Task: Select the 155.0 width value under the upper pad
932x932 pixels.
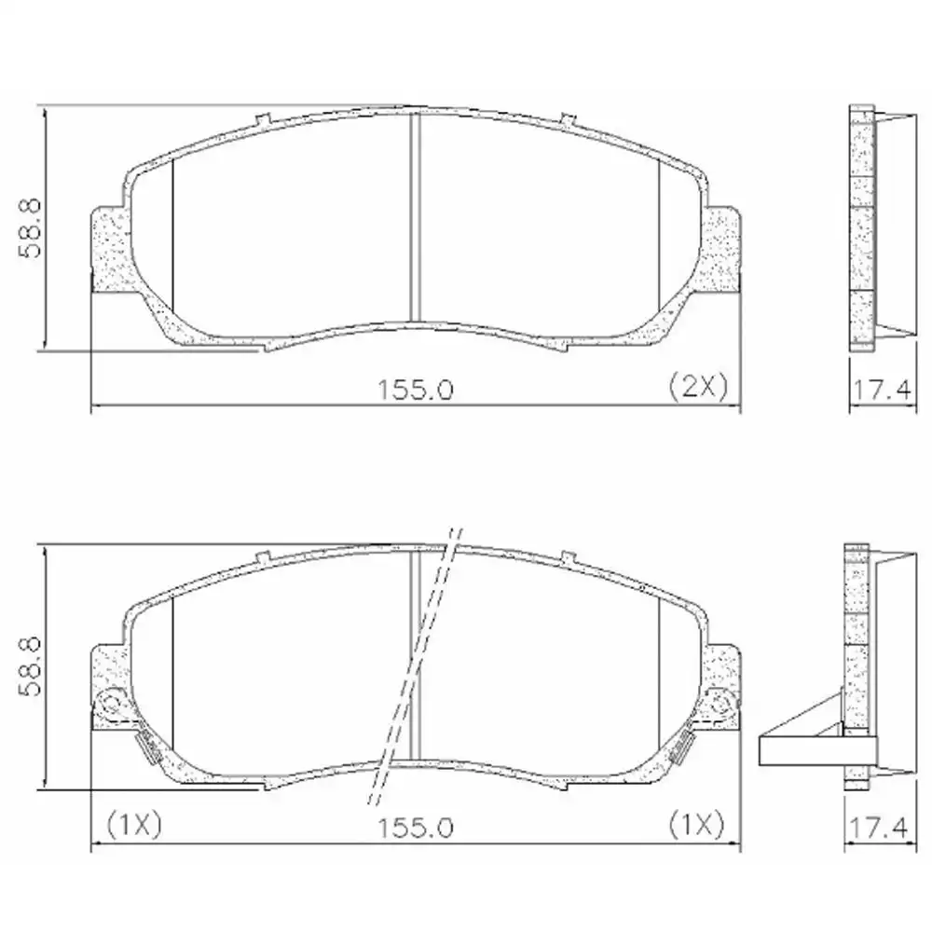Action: [x=415, y=390]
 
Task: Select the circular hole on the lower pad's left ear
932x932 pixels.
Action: [x=111, y=701]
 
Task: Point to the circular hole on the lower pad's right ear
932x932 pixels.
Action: [x=719, y=701]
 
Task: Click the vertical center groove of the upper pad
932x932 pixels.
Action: [x=416, y=219]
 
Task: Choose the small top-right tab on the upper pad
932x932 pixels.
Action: [x=568, y=119]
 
